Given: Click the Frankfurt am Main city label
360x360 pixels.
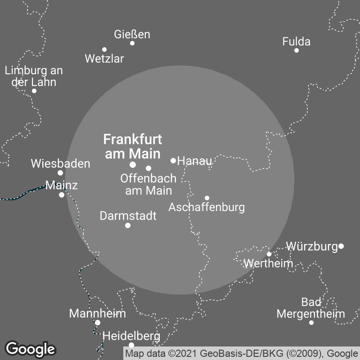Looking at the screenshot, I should click(132, 146).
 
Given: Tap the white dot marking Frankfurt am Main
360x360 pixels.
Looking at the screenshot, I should click(133, 165).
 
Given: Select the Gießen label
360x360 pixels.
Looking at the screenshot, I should click(132, 34).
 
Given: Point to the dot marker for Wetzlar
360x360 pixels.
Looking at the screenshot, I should click(104, 49).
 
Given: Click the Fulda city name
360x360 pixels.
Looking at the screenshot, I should click(296, 42).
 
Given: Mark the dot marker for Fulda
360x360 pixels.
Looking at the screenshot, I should click(297, 50).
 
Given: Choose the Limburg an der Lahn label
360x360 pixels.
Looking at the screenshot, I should click(34, 76).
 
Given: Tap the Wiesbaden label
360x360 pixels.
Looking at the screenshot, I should click(60, 164).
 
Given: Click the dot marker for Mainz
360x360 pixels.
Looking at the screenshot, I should click(62, 195).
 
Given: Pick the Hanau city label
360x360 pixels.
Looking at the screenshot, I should click(194, 161).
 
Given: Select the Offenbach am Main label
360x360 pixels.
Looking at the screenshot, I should click(148, 184).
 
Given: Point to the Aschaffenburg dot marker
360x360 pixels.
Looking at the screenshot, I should click(207, 198).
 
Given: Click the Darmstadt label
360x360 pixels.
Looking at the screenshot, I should click(128, 216).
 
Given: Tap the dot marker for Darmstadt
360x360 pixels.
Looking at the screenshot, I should click(128, 225).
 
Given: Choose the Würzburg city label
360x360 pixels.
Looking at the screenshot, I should click(312, 246).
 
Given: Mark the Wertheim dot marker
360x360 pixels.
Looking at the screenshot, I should click(269, 254).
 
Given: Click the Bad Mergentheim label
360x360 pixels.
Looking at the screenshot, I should click(310, 308).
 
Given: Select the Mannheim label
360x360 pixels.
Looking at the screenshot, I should click(97, 313).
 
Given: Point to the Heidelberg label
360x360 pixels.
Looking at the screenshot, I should click(131, 336).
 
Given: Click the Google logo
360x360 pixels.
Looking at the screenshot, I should click(31, 349).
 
